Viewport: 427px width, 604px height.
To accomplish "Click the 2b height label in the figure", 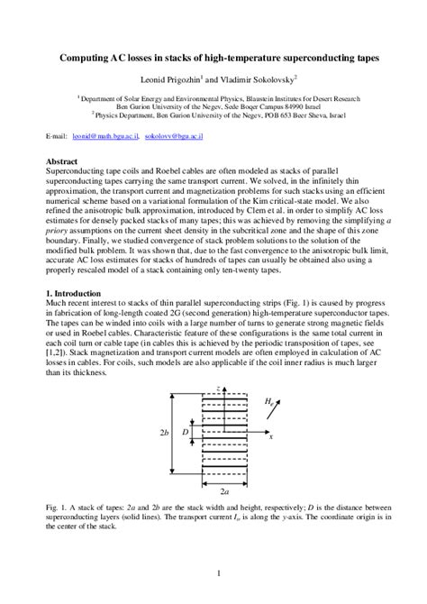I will pos(165,433).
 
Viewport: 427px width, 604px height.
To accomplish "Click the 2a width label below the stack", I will pos(222,493).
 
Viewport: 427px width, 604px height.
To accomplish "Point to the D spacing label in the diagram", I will pos(186,433).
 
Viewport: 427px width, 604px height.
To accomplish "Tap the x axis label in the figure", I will pos(269,437).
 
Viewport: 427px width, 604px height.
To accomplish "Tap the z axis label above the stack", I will pos(219,388).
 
